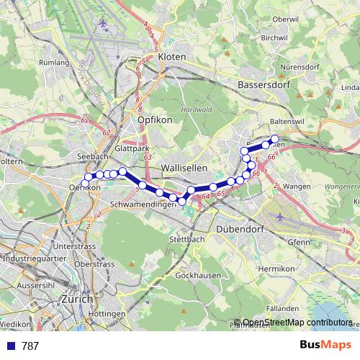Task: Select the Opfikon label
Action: point(155,120)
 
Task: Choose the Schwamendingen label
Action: point(144,204)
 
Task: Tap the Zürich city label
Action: point(77,299)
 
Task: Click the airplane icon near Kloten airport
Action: point(102,24)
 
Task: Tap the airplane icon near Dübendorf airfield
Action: point(279,216)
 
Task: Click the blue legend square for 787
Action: point(9,346)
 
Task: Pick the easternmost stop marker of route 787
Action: point(274,138)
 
